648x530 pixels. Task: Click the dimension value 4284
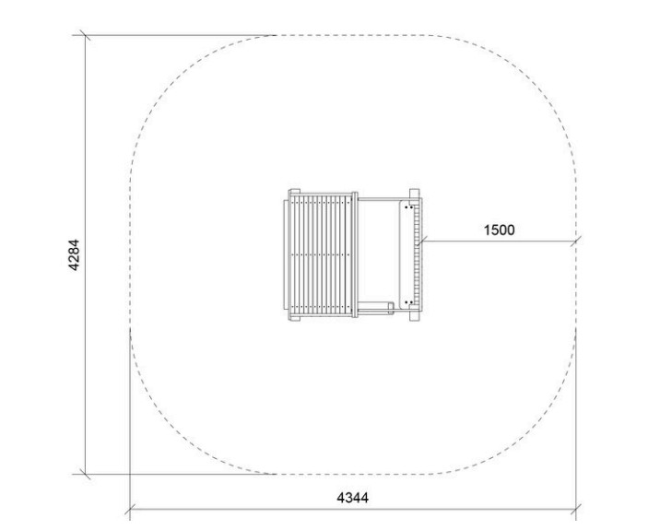coord(74,255)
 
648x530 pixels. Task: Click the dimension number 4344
coord(352,498)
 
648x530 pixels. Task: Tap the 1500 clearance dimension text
coord(500,230)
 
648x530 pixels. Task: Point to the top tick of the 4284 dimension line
coord(85,36)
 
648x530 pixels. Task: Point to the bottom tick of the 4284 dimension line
coord(85,474)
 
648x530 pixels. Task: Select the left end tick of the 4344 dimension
coord(130,510)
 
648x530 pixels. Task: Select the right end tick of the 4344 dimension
coord(576,510)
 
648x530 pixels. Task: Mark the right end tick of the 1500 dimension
coord(576,241)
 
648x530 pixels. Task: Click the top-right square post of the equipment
coord(415,194)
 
